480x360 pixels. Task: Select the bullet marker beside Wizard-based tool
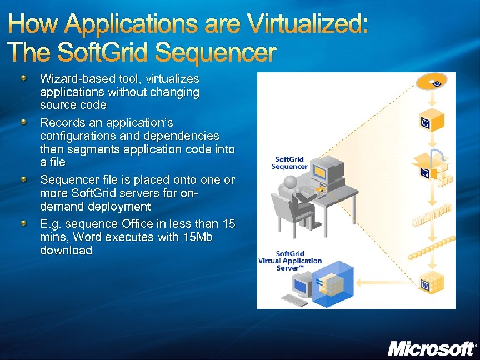24,78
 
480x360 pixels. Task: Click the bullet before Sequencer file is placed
24,179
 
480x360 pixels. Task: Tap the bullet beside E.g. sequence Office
24,223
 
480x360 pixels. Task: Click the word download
66,251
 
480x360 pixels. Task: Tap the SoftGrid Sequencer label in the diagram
289,163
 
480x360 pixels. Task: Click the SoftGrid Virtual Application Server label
290,261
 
